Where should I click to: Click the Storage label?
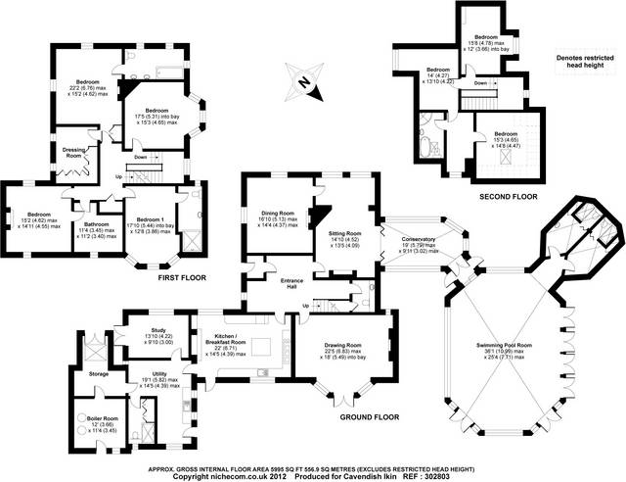click(x=96, y=373)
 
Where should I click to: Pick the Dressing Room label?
click(x=67, y=152)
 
